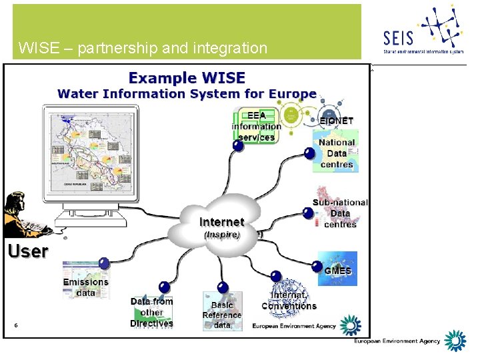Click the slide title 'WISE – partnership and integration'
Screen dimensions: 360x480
(x=143, y=48)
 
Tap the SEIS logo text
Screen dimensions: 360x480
(x=399, y=39)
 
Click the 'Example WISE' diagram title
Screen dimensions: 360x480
(x=187, y=77)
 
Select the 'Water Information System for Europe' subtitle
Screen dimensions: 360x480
(x=187, y=94)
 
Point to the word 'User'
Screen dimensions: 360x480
(x=28, y=251)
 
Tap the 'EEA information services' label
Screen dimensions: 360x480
(x=256, y=127)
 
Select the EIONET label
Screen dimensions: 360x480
(x=336, y=121)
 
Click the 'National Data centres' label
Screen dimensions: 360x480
(x=337, y=153)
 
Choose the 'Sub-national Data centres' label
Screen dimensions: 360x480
(x=340, y=213)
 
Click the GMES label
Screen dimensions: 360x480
(x=337, y=271)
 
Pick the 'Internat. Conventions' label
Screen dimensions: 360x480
(x=289, y=301)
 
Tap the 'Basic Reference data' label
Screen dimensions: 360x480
(x=222, y=315)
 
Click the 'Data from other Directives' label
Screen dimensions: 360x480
(x=151, y=312)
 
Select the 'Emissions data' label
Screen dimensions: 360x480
(x=85, y=287)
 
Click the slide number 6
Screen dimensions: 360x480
(x=15, y=325)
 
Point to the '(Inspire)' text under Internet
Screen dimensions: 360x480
(x=221, y=235)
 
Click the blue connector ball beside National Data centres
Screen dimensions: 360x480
(x=309, y=153)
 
